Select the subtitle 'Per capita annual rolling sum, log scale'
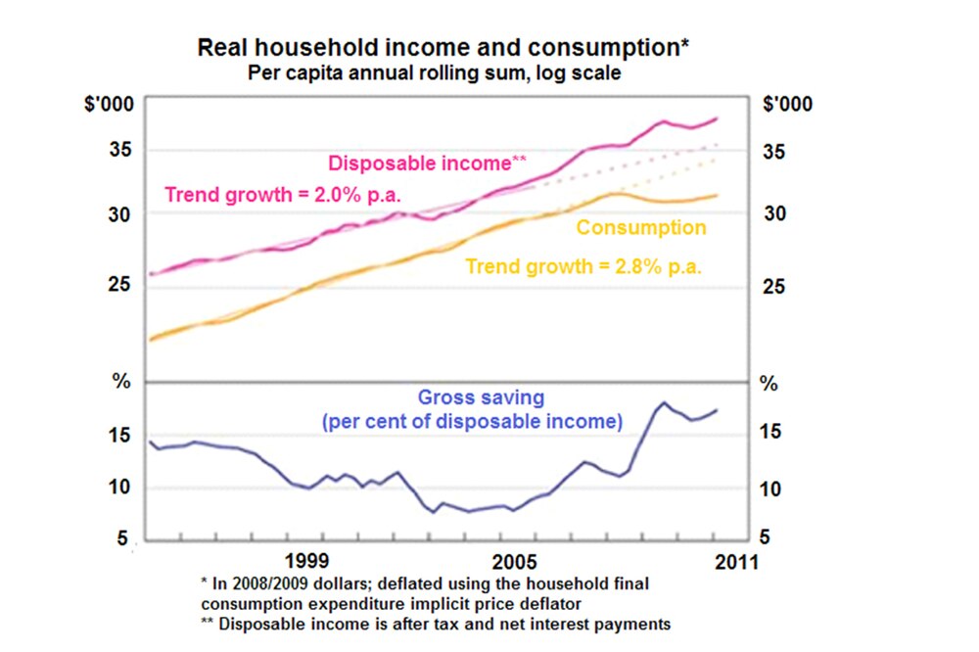[x=434, y=72]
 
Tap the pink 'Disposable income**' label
[x=429, y=163]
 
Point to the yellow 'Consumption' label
[x=641, y=228]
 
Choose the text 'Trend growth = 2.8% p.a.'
[x=583, y=265]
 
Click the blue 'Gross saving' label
[x=481, y=397]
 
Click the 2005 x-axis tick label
[x=514, y=563]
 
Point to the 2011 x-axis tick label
[x=735, y=563]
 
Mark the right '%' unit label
[x=770, y=383]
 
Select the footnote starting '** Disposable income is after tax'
[x=432, y=624]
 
